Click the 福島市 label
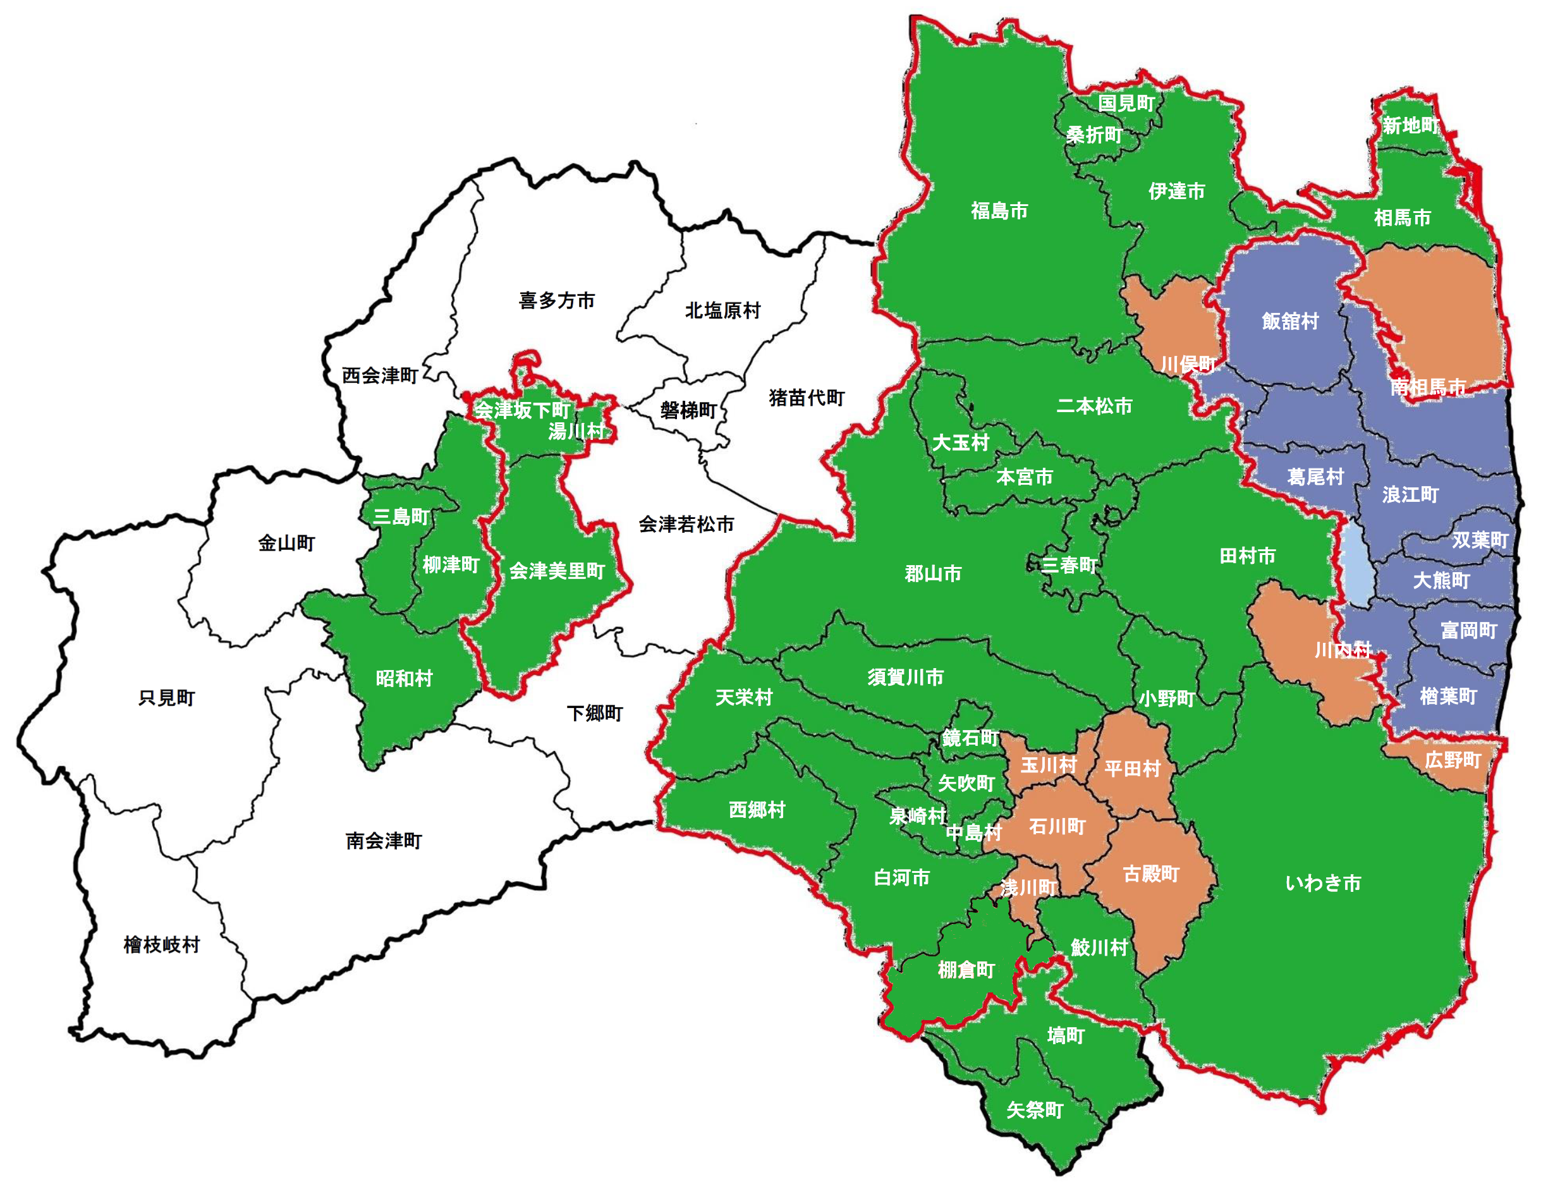pyautogui.click(x=999, y=210)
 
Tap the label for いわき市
pyautogui.click(x=1322, y=883)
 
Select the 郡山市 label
pyautogui.click(x=932, y=573)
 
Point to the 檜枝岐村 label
pyautogui.click(x=162, y=945)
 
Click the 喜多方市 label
pyautogui.click(x=556, y=300)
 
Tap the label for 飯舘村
pyautogui.click(x=1290, y=322)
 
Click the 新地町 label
pyautogui.click(x=1410, y=126)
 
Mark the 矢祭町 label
pyautogui.click(x=1034, y=1110)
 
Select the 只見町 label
pyautogui.click(x=166, y=697)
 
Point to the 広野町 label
pyautogui.click(x=1452, y=760)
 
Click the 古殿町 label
pyautogui.click(x=1151, y=874)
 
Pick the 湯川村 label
pyautogui.click(x=576, y=431)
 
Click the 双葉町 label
pyautogui.click(x=1480, y=540)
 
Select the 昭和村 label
pyautogui.click(x=403, y=678)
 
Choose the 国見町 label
pyautogui.click(x=1126, y=104)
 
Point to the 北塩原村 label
pyautogui.click(x=722, y=310)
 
